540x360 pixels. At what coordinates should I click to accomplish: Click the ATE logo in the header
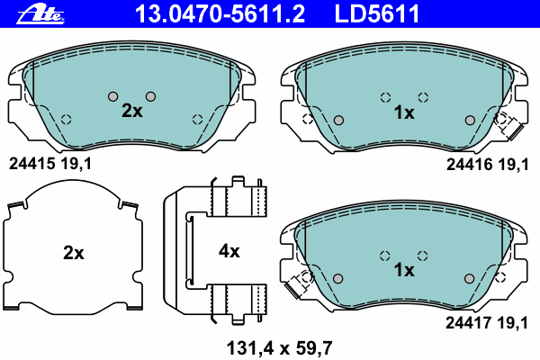click(x=40, y=14)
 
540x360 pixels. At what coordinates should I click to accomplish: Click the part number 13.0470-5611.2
click(x=220, y=13)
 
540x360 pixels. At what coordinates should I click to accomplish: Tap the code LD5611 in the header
click(x=377, y=13)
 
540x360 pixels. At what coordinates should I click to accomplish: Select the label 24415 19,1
click(x=50, y=164)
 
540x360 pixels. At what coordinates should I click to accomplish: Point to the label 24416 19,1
click(x=487, y=165)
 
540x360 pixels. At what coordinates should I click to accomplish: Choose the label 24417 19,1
click(x=487, y=323)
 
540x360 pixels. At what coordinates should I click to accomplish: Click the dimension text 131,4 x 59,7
click(x=279, y=348)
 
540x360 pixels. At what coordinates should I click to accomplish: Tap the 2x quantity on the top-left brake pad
click(x=132, y=111)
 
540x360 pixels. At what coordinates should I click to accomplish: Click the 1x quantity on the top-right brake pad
click(x=404, y=112)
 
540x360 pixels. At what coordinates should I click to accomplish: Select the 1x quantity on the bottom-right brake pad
click(x=404, y=270)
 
